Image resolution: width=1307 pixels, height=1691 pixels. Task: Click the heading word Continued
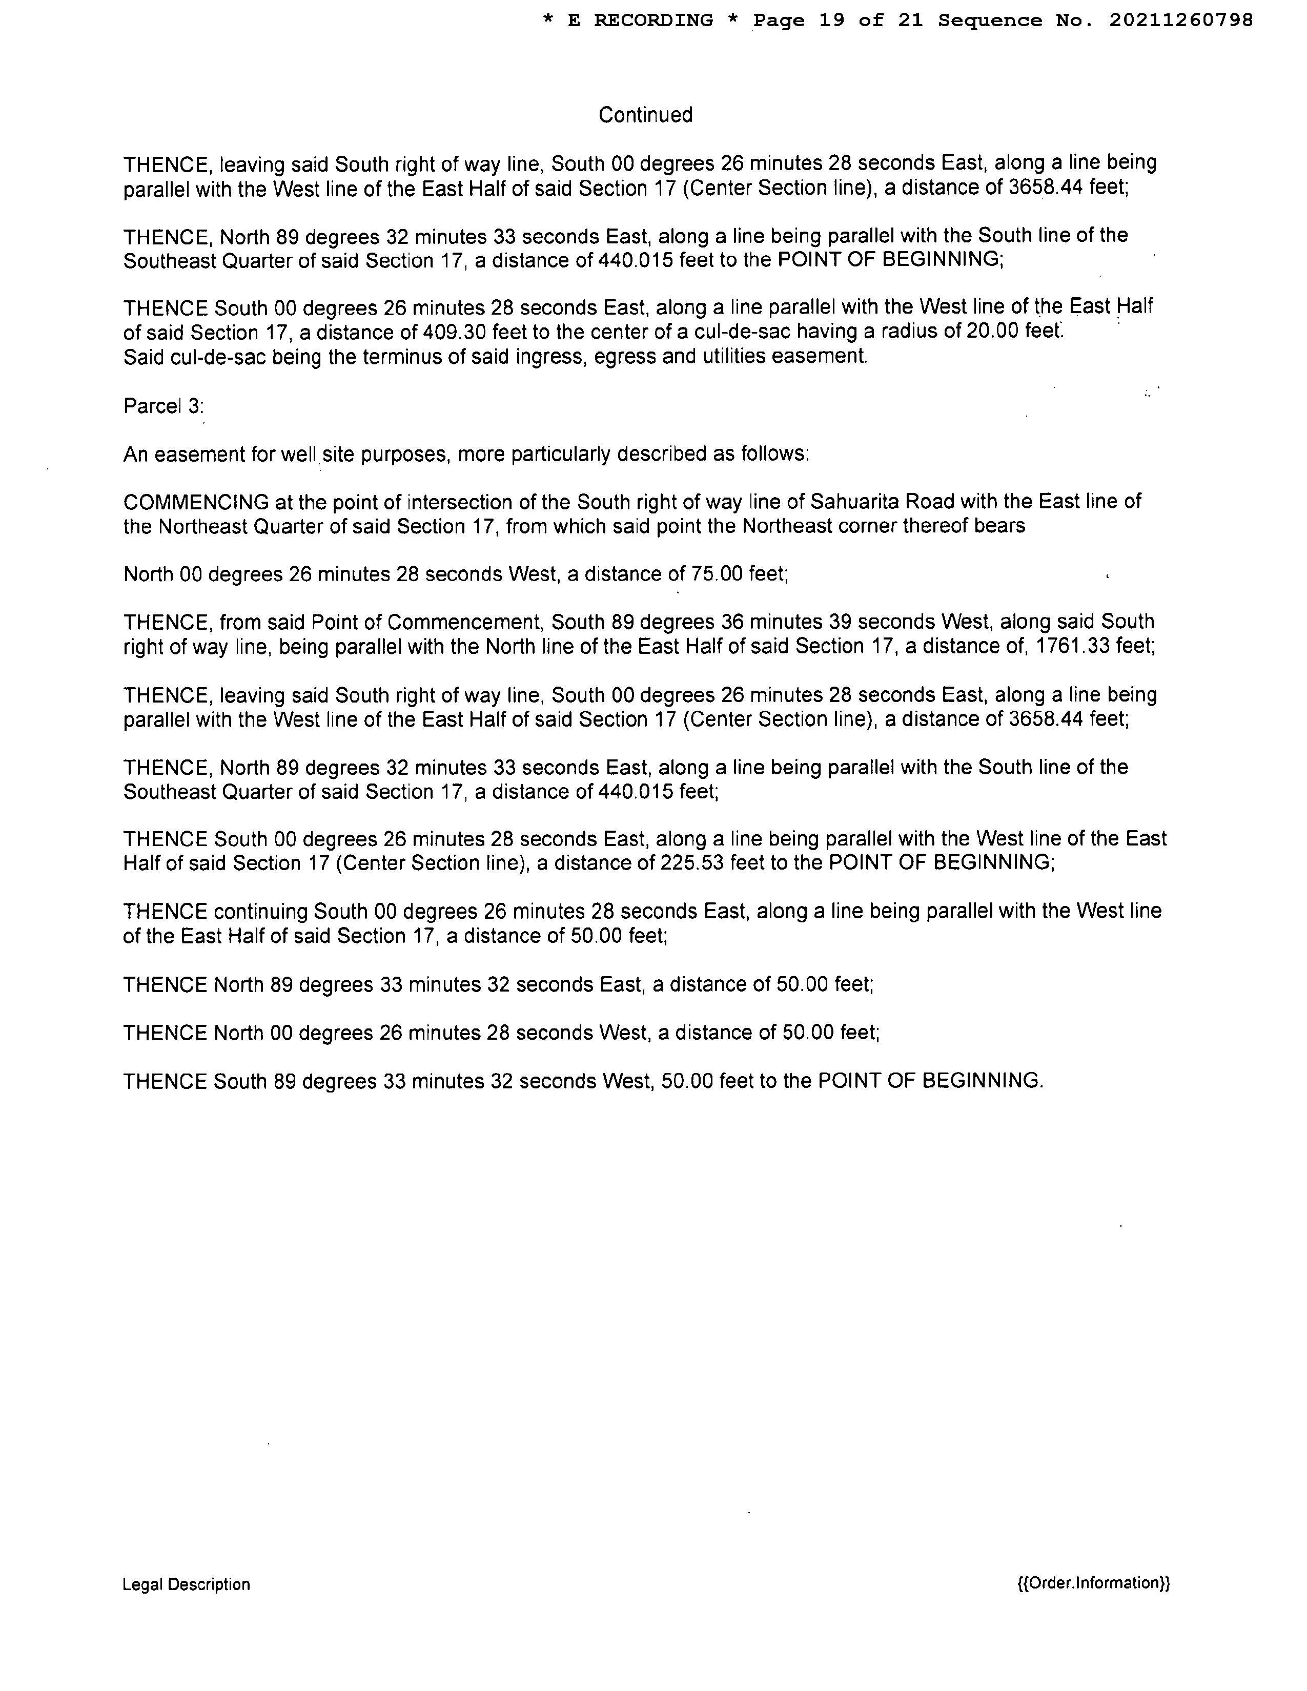pyautogui.click(x=645, y=115)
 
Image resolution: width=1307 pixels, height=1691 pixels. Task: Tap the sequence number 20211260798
pyautogui.click(x=1181, y=21)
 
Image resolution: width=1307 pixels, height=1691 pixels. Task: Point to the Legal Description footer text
pyautogui.click(x=186, y=1584)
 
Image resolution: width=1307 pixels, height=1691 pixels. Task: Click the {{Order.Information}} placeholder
pyautogui.click(x=1093, y=1582)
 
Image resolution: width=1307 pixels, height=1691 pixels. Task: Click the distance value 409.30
pyautogui.click(x=453, y=332)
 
